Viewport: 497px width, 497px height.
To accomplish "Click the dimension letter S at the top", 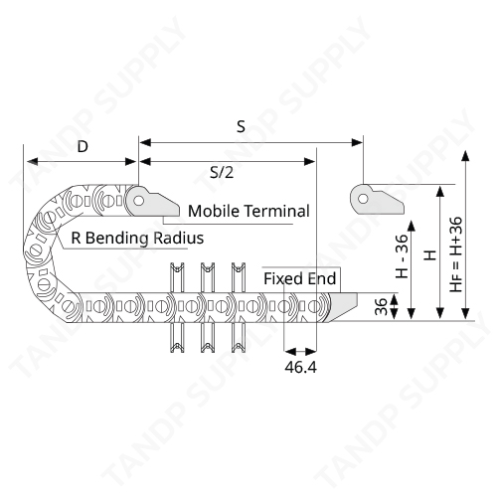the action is coord(241,126).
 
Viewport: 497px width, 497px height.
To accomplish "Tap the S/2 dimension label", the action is coord(222,172).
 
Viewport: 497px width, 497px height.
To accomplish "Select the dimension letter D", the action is coord(83,146).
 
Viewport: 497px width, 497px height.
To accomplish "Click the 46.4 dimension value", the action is coord(300,367).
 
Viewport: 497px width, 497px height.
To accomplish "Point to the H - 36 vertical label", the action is coord(402,256).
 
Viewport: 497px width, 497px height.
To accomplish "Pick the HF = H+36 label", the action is coord(455,254).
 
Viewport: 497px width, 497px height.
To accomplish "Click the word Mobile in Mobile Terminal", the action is coord(214,211).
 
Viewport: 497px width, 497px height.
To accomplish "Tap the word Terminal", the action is coord(277,211).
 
